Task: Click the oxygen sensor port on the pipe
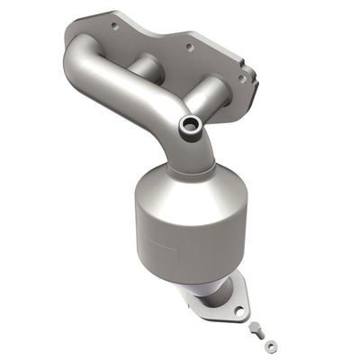point(190,126)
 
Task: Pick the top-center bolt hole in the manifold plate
point(187,46)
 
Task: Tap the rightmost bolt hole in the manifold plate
point(240,78)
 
